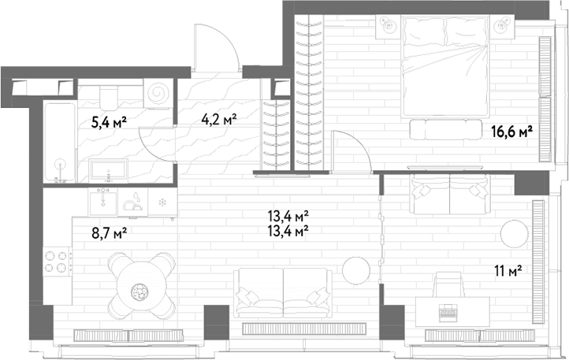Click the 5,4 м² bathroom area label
click(x=109, y=123)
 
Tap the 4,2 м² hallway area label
click(x=219, y=119)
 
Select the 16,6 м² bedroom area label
click(x=511, y=132)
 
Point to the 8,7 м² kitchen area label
click(x=109, y=232)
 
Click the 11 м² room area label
click(x=508, y=270)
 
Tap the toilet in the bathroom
click(x=108, y=95)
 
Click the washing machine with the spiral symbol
click(x=158, y=93)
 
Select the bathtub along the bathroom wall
click(x=60, y=143)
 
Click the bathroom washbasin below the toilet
click(x=108, y=170)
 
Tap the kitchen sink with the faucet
click(x=103, y=202)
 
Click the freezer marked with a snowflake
click(x=162, y=202)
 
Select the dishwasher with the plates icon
click(x=133, y=202)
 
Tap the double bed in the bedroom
click(x=445, y=66)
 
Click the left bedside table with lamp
click(x=389, y=26)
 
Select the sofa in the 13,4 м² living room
click(x=283, y=293)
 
